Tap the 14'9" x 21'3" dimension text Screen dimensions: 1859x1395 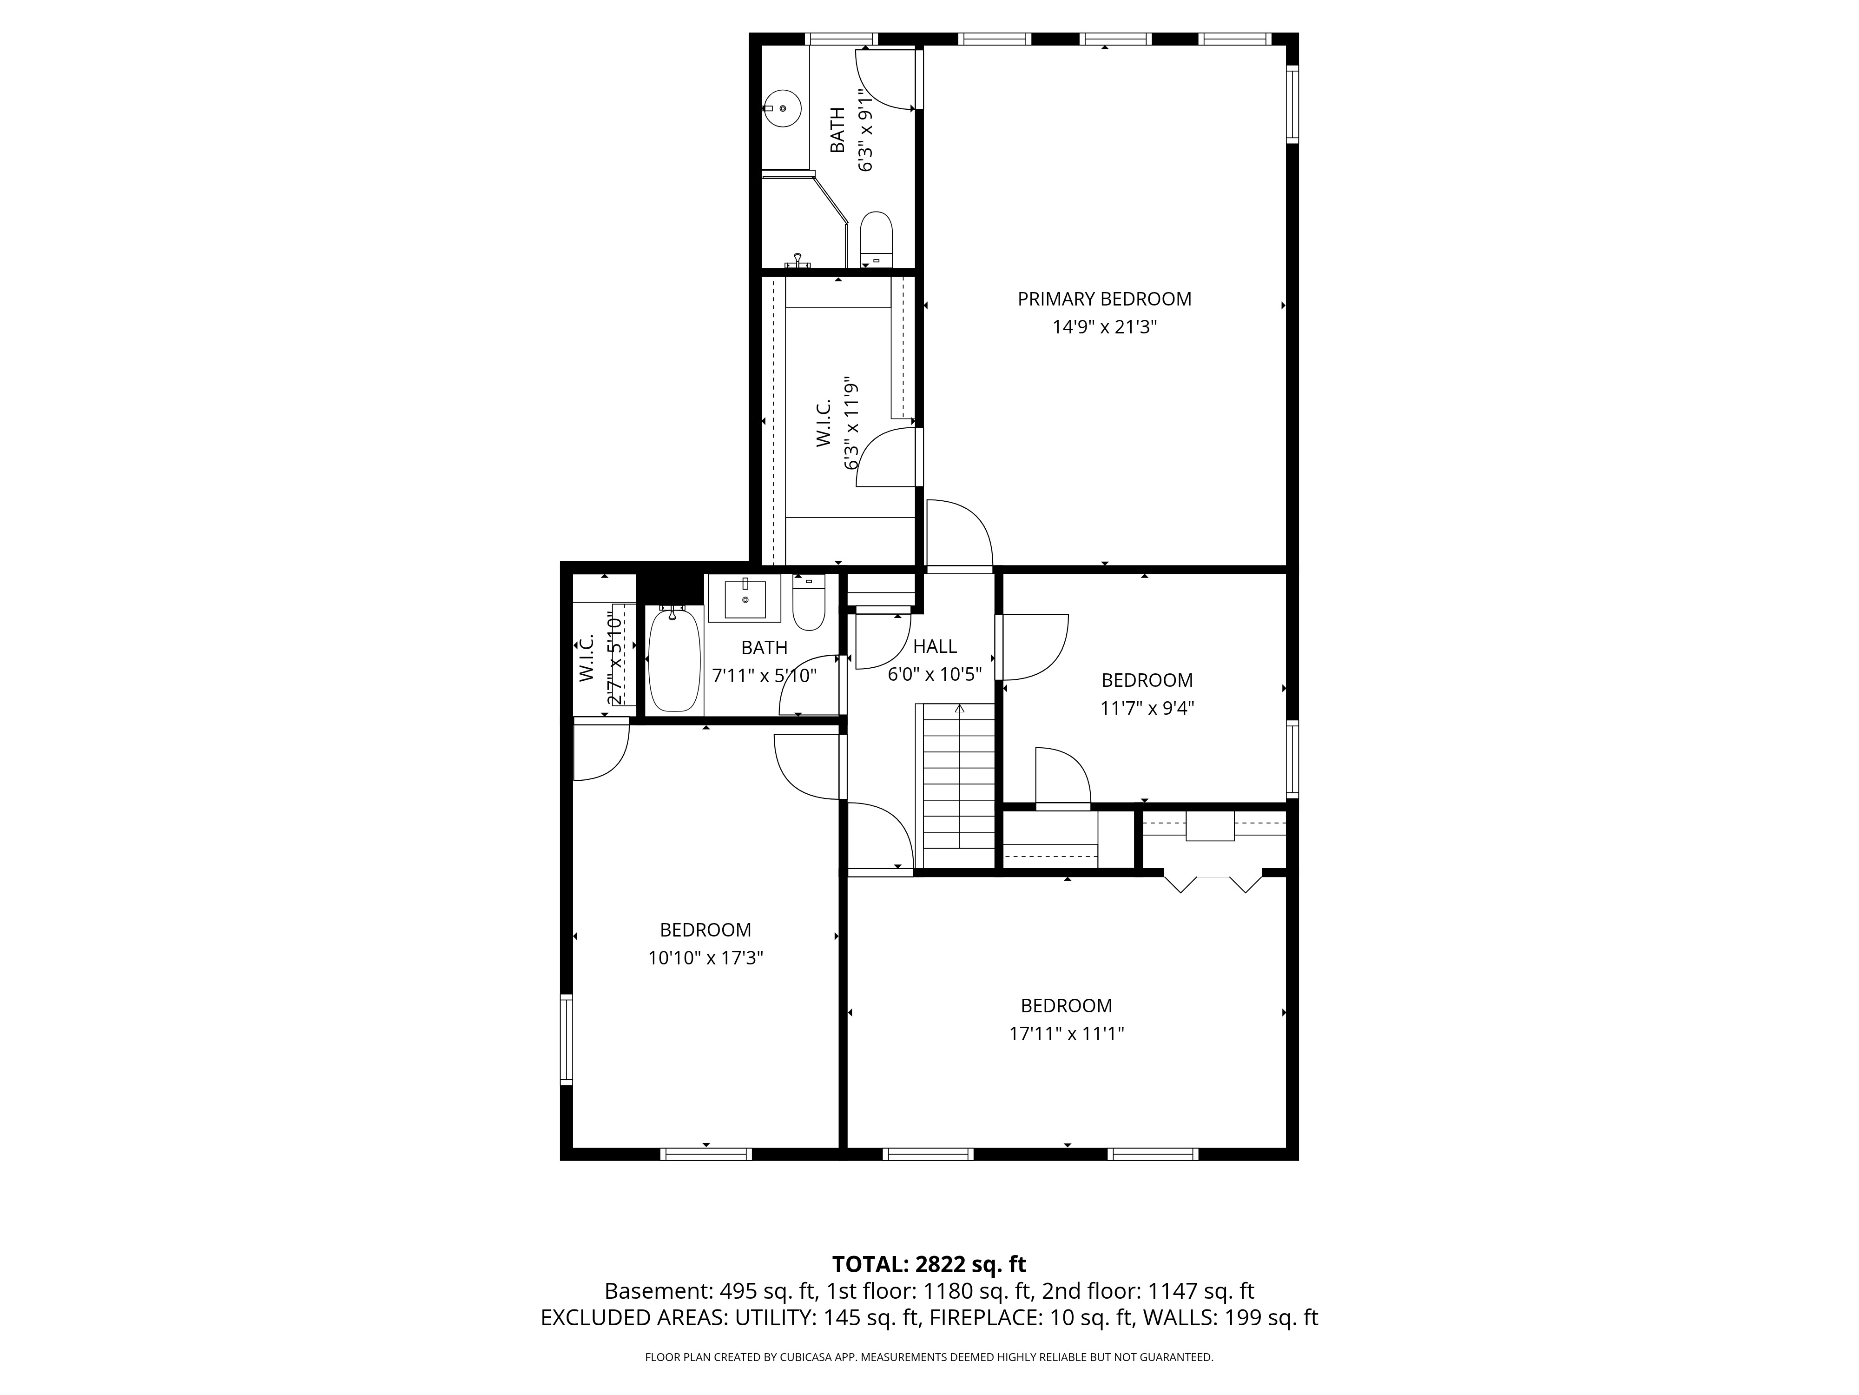coord(1104,327)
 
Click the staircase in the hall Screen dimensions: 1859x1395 coord(959,787)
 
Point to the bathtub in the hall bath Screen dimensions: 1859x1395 coord(674,660)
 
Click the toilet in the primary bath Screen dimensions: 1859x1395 coord(876,239)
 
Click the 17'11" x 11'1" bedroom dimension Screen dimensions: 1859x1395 coord(1067,1033)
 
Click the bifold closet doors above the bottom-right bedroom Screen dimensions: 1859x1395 coord(1213,883)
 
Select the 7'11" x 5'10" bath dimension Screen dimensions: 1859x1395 coord(764,675)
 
